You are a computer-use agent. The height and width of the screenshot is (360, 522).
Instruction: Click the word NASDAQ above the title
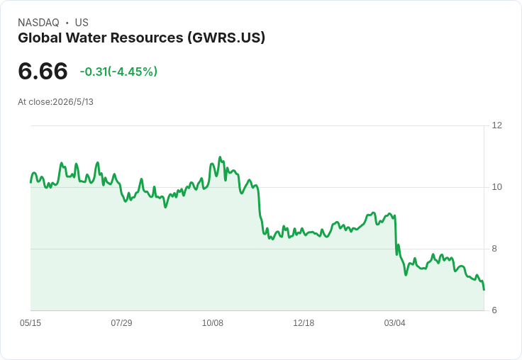click(38, 23)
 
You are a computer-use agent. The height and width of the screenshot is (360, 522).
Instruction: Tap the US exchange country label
click(82, 23)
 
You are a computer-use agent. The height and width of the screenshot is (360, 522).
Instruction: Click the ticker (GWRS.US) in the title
click(226, 38)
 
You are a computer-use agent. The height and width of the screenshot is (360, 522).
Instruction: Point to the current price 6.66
click(43, 71)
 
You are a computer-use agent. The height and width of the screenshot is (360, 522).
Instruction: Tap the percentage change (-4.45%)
click(133, 72)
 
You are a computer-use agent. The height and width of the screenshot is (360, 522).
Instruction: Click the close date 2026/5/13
click(73, 102)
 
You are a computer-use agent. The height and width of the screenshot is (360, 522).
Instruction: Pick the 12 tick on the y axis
click(496, 125)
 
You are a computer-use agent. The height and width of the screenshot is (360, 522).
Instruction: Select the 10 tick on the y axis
click(496, 187)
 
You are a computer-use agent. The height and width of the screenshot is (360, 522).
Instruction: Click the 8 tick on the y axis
click(494, 249)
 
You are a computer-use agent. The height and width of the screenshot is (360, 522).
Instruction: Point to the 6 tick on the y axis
click(494, 310)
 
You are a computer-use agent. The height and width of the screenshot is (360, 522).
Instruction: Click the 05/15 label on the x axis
click(30, 323)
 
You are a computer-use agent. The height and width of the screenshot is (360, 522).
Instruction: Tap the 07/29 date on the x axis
click(121, 323)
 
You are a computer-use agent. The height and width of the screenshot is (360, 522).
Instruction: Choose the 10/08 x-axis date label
click(212, 323)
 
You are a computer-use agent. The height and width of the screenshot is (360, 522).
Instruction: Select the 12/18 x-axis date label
click(304, 323)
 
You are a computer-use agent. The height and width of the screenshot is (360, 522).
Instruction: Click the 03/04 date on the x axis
click(394, 323)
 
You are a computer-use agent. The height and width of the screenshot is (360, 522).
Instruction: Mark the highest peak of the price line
click(220, 157)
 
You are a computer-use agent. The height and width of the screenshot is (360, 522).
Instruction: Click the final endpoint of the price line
click(484, 290)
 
